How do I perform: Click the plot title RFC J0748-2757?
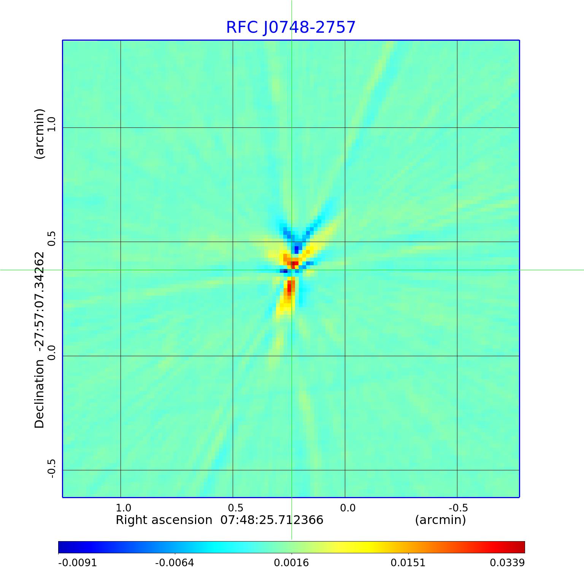click(x=291, y=27)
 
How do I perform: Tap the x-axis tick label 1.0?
click(x=123, y=508)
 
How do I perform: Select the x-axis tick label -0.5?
click(x=458, y=508)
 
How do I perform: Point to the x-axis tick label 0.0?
click(x=348, y=508)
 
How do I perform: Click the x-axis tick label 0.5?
click(x=235, y=508)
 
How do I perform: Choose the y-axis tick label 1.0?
click(x=51, y=124)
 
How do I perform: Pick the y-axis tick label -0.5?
click(x=51, y=468)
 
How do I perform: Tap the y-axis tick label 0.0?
click(x=51, y=352)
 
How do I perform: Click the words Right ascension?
click(x=164, y=520)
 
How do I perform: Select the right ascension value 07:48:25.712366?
click(x=272, y=520)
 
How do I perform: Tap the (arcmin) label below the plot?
click(x=440, y=520)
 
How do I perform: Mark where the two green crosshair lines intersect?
click(x=292, y=270)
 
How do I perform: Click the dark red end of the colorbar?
click(x=521, y=547)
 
